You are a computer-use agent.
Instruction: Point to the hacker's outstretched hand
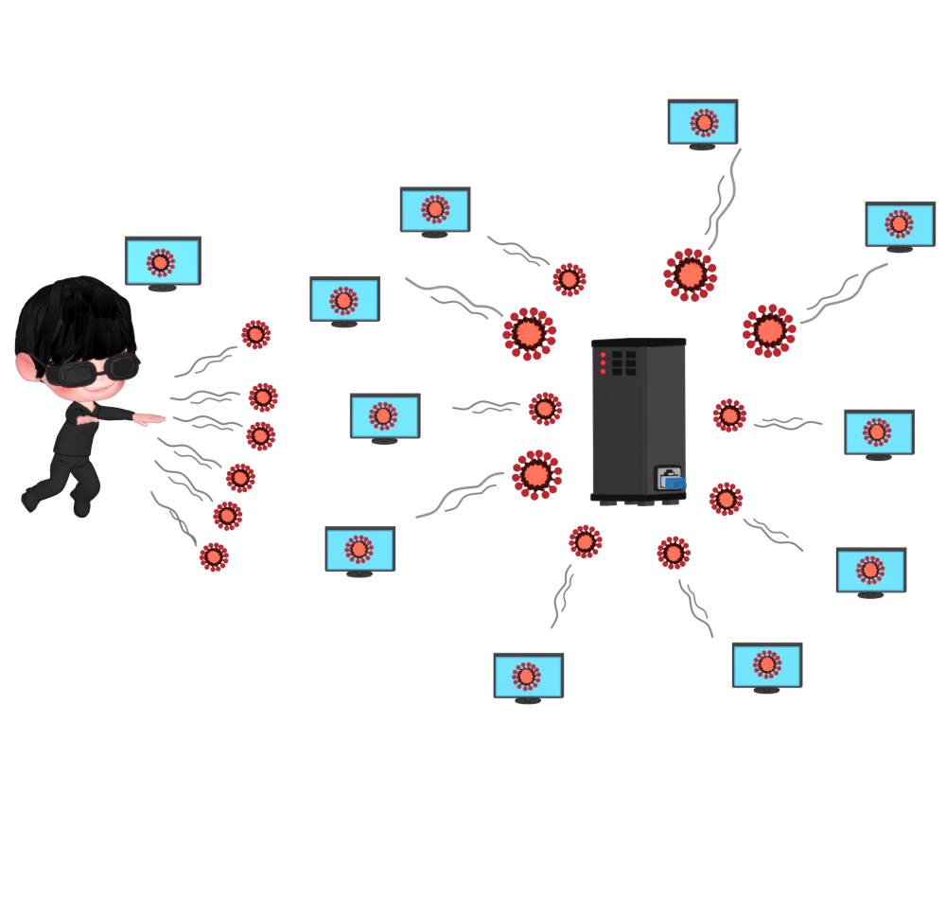[x=149, y=418]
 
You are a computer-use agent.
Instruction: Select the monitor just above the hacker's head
[x=163, y=260]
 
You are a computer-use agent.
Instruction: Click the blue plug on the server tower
[x=674, y=482]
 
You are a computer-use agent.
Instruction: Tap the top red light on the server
[x=603, y=355]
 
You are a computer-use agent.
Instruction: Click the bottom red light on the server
[x=603, y=371]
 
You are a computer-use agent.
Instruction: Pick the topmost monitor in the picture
[x=703, y=122]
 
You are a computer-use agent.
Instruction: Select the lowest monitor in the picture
[x=528, y=676]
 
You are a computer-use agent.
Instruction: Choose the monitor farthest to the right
[x=900, y=224]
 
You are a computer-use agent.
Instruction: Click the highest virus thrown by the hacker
[x=255, y=334]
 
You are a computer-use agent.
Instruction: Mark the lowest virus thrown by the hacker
[x=214, y=556]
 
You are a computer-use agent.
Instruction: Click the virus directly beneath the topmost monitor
[x=690, y=274]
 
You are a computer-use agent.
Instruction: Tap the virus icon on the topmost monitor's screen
[x=704, y=122]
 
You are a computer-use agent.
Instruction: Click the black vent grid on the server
[x=623, y=362]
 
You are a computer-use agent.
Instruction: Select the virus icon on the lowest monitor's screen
[x=527, y=676]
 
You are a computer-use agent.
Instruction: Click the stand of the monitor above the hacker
[x=163, y=288]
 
